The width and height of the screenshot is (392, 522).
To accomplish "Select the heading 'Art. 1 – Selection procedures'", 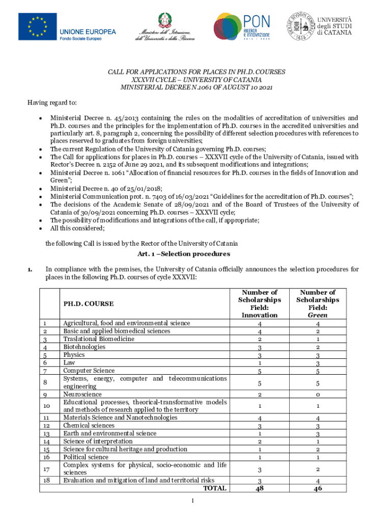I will pos(184,254).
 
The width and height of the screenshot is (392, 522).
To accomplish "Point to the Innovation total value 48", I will pos(260,488).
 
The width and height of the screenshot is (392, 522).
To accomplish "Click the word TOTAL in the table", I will pos(215,488).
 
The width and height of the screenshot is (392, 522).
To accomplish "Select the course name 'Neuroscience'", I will pos(82,394).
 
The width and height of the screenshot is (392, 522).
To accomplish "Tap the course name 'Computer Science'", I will pos(89,371).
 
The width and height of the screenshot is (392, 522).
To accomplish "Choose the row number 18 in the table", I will pos(47,480).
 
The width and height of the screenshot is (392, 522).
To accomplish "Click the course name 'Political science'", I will pos(86,457).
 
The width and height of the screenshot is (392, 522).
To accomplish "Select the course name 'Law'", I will pos(69,362).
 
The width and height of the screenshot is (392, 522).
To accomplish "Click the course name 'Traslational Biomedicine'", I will pos(99,339).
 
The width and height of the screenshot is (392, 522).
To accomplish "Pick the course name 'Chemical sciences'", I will pos(89,425).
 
